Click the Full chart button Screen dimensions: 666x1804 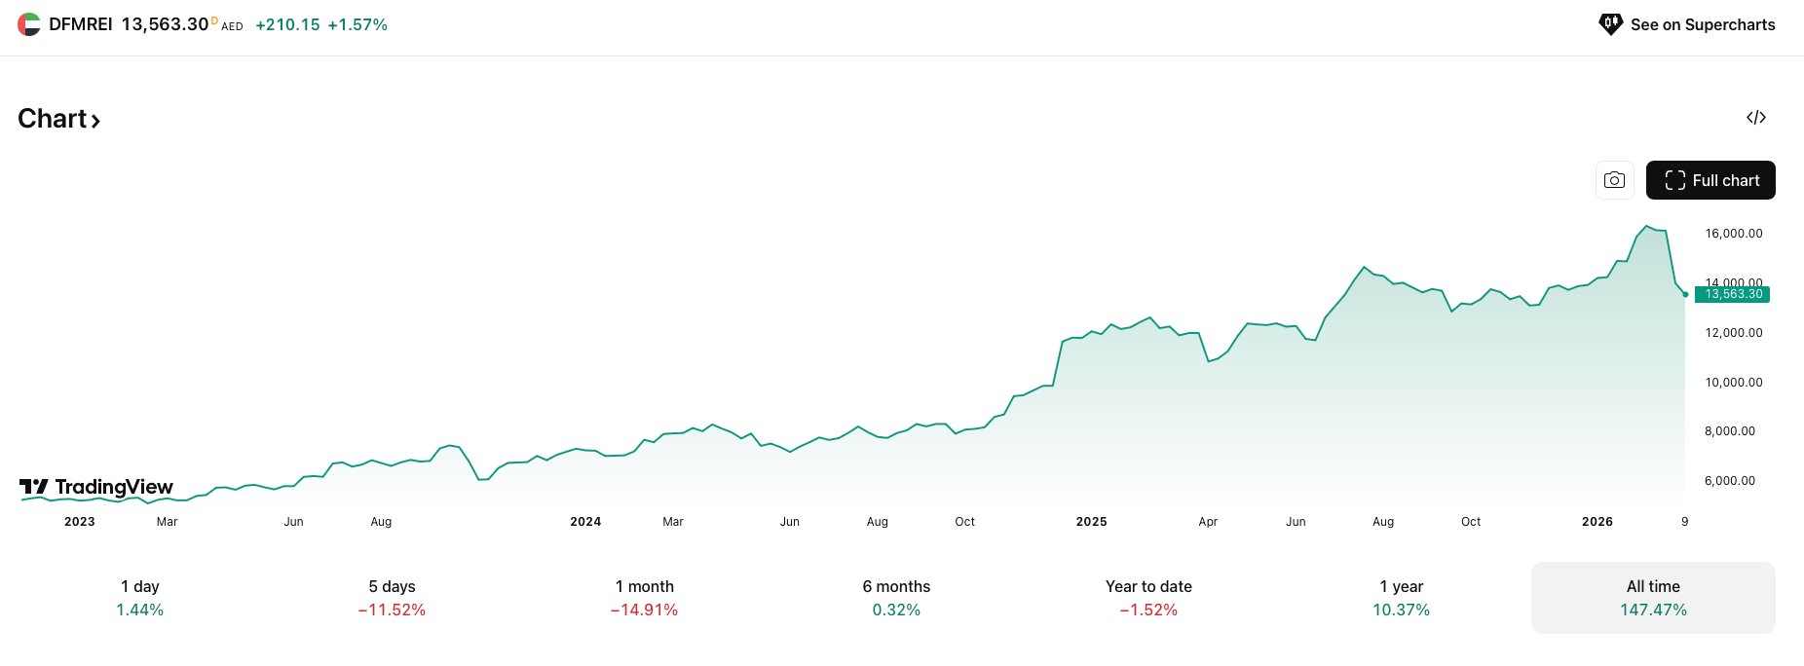point(1710,180)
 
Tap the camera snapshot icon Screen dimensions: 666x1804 point(1614,180)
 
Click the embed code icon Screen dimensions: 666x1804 point(1756,118)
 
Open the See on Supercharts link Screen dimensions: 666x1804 point(1688,24)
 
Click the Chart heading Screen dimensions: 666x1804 point(59,119)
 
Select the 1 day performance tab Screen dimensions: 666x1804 point(140,598)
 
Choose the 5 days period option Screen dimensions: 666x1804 point(392,598)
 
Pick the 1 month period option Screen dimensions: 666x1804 point(644,598)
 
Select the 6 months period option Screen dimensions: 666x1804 point(896,598)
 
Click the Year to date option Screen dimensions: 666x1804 point(1148,598)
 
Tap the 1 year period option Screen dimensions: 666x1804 point(1401,598)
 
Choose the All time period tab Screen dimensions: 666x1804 point(1653,598)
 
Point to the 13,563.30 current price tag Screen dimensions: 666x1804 point(1733,294)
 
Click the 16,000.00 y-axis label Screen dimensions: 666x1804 point(1733,234)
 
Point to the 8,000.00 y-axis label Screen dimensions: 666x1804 point(1729,431)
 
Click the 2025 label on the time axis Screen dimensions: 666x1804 point(1091,522)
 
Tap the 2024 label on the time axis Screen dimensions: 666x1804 point(585,522)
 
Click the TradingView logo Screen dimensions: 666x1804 point(96,487)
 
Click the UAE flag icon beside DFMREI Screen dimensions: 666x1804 point(29,24)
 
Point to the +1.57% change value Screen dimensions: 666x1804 point(357,25)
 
